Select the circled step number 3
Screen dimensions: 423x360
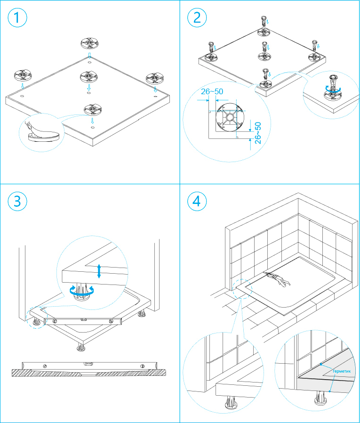17,201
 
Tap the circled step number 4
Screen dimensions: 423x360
197,201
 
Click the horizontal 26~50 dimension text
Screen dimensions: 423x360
212,91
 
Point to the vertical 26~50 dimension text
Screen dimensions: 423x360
257,132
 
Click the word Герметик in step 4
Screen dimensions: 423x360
342,371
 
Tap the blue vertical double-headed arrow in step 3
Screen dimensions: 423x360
99,271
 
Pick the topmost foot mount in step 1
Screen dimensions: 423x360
89,43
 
